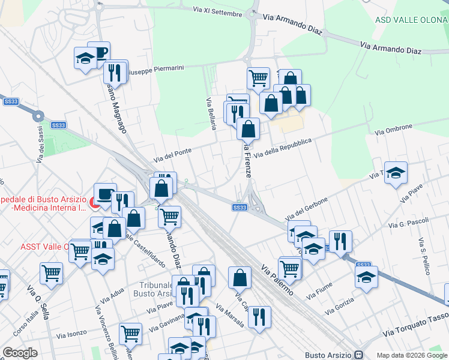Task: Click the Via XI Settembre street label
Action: (217, 11)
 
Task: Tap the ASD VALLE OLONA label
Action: (411, 20)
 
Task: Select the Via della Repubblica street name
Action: (283, 148)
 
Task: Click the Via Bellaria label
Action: (211, 114)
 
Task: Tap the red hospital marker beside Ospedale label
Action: (95, 204)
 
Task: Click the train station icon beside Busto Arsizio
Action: (359, 355)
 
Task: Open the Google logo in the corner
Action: (20, 353)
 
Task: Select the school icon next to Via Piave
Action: (396, 173)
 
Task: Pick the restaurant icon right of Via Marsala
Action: (259, 317)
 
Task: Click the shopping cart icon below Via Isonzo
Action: (130, 333)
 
